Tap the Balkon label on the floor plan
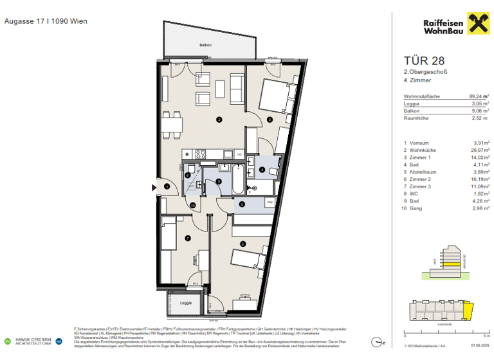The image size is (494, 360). click(205, 45)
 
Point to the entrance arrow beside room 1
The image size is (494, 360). click(153, 187)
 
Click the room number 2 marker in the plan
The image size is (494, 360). click(219, 119)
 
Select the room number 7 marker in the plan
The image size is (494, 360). click(187, 239)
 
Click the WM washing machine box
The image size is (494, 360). click(270, 203)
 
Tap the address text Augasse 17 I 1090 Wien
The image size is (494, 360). click(46, 21)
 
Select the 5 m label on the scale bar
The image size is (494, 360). click(487, 336)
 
